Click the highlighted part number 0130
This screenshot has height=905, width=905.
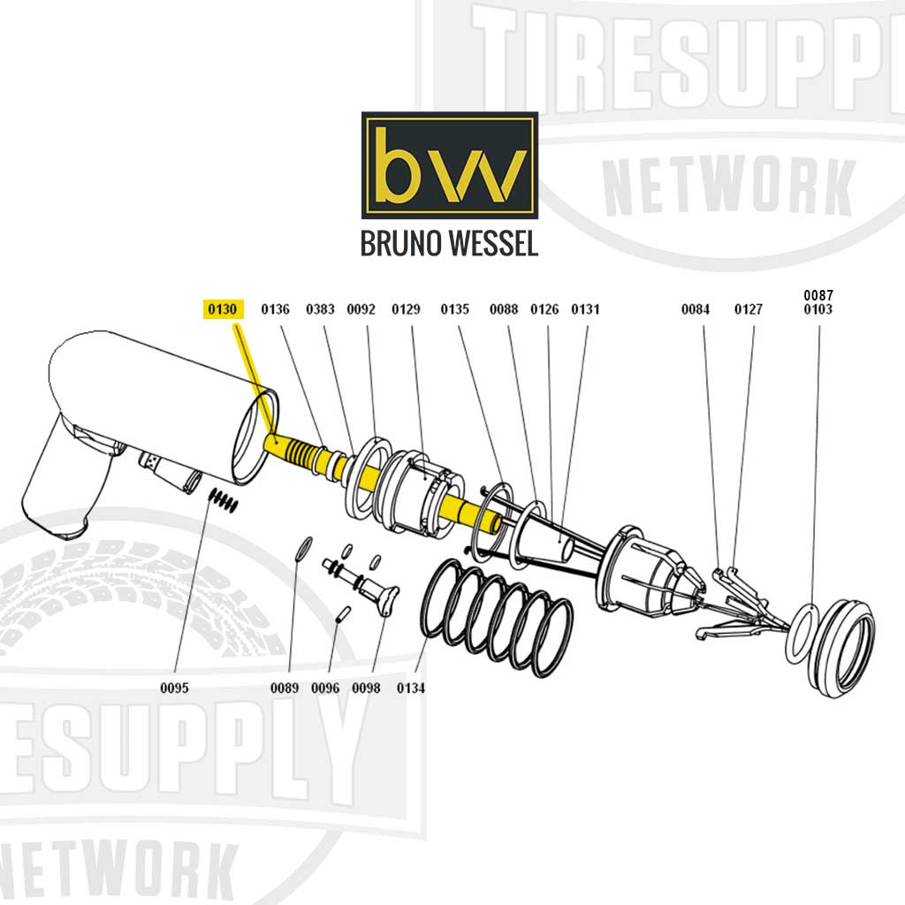(x=222, y=309)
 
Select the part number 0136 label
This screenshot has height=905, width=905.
(x=275, y=309)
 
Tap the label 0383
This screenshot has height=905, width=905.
(x=320, y=309)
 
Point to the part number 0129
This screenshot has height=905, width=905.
(x=406, y=309)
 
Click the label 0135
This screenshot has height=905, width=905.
(x=454, y=309)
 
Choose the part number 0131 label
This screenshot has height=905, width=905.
(x=585, y=309)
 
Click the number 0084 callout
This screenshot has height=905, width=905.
(x=695, y=309)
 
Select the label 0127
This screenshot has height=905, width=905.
(x=748, y=309)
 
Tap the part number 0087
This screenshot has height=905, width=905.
(x=818, y=294)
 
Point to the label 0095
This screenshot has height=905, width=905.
(x=174, y=688)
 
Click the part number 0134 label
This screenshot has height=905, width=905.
(x=411, y=688)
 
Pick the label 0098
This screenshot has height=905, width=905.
(x=366, y=688)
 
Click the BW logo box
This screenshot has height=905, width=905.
(x=449, y=165)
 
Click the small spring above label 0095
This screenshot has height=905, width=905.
(x=224, y=500)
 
